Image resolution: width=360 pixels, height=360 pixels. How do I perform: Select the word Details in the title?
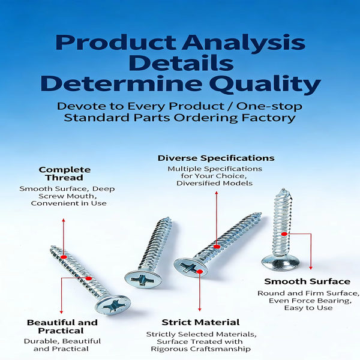click(x=181, y=63)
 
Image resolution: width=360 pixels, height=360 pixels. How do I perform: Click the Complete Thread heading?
click(x=65, y=173)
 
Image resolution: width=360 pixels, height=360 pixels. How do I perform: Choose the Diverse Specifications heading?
click(x=216, y=158)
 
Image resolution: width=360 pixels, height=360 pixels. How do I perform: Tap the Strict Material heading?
click(x=200, y=322)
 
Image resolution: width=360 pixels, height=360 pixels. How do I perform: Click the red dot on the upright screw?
click(x=284, y=234)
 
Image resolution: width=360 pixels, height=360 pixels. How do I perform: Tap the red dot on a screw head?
click(x=200, y=272)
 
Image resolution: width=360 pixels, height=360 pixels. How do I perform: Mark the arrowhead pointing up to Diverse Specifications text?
click(x=216, y=193)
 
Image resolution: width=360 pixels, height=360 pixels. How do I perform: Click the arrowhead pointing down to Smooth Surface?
click(x=311, y=268)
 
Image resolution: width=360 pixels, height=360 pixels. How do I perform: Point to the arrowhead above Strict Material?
click(x=200, y=309)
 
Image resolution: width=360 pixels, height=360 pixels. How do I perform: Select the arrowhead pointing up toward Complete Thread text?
click(x=64, y=220)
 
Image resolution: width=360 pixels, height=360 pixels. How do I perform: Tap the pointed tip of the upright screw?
click(x=283, y=190)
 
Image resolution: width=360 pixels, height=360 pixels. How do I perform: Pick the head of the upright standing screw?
click(x=281, y=264)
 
